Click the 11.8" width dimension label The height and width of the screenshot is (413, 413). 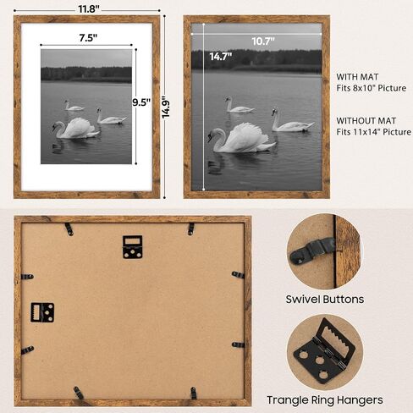pos(89,9)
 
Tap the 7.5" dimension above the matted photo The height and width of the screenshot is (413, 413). pos(88,37)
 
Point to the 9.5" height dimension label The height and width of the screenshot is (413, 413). pos(141,102)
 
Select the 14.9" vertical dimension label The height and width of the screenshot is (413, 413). pos(166,109)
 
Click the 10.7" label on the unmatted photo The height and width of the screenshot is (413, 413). pos(263,41)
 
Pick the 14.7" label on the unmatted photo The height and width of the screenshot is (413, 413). pos(221,57)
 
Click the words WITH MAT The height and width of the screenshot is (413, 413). pos(357,77)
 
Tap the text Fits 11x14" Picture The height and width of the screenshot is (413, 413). pos(373,132)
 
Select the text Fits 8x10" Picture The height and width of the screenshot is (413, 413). pos(371,88)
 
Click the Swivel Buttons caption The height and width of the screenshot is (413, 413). pos(325,299)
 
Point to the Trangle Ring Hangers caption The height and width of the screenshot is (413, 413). pos(325,400)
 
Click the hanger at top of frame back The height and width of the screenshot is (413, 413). pos(132,247)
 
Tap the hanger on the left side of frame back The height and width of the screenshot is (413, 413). pos(42,312)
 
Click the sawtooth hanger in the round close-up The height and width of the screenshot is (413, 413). pos(324,351)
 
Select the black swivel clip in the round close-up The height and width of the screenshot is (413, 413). pos(312,250)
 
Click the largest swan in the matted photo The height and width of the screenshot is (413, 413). pos(75,129)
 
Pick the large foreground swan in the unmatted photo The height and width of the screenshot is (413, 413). pos(240,138)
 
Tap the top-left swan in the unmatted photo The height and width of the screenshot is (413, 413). pos(239,105)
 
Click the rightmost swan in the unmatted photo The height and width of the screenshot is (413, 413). pos(292,120)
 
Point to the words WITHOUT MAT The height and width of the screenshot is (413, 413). pos(366,121)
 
